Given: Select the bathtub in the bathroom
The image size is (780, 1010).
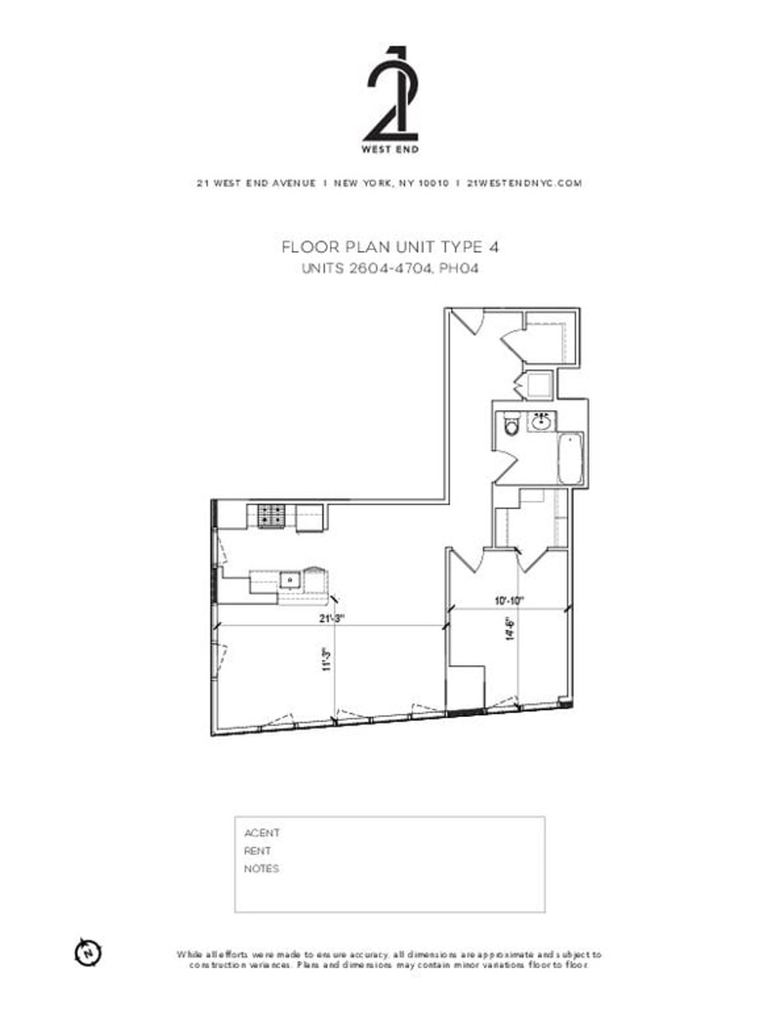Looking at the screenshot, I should click(x=571, y=458).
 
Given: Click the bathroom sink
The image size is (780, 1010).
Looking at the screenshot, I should click(x=541, y=422).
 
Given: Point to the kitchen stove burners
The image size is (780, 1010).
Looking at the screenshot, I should click(x=271, y=516).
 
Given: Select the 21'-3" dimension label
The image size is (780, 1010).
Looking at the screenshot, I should click(x=331, y=618).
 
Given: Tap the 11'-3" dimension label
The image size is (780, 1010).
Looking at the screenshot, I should click(x=328, y=658).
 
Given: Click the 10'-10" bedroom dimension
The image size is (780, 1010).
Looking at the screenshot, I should click(x=508, y=601).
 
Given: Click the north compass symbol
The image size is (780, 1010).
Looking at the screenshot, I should click(x=88, y=952).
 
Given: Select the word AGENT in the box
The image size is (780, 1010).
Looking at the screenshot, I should click(x=262, y=833).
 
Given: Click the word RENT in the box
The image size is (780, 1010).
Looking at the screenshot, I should click(x=257, y=851).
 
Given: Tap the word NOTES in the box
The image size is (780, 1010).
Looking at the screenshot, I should click(x=261, y=869).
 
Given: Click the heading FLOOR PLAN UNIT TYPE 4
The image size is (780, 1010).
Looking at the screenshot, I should click(x=390, y=247).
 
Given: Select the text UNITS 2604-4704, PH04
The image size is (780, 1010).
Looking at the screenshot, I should click(x=390, y=268).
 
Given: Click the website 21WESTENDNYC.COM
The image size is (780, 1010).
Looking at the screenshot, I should click(x=525, y=183).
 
